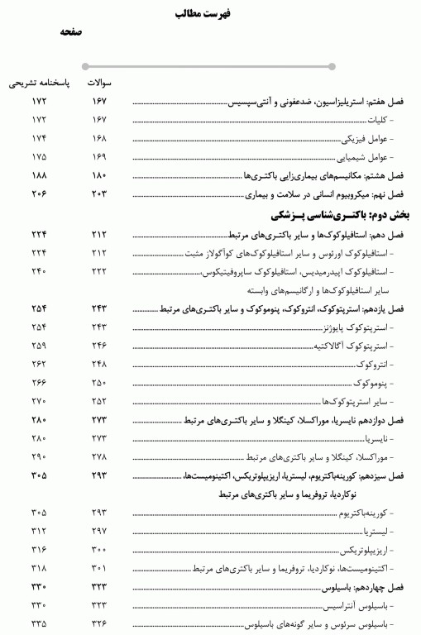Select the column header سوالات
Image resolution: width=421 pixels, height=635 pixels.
[x=100, y=83]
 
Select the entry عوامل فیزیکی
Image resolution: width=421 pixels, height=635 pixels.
[x=365, y=138]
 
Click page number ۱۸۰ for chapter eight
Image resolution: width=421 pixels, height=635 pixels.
[x=100, y=175]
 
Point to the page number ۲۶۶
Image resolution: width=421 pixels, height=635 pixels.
[x=39, y=383]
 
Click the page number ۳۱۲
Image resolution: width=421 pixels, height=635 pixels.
[x=39, y=530]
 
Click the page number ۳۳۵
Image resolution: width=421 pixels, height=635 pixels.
[x=39, y=623]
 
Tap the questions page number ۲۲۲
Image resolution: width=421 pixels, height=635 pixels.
[x=100, y=271]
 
